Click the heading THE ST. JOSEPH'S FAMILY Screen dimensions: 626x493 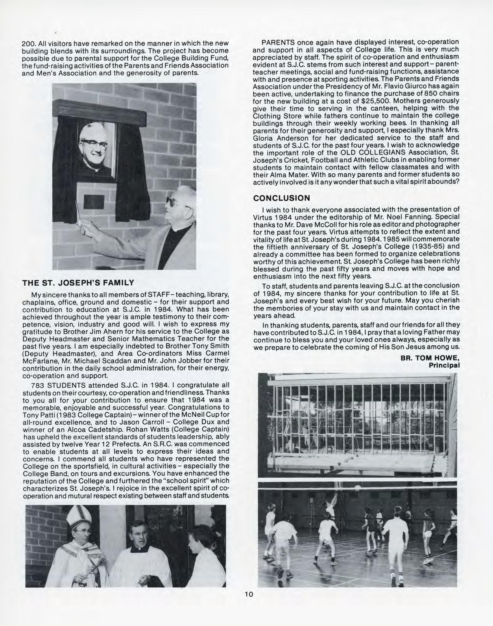(78, 282)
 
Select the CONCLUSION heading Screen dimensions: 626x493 (281, 198)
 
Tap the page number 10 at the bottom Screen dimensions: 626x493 (249, 594)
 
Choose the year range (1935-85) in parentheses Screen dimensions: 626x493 (421, 247)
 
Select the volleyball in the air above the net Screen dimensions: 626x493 (357, 488)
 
